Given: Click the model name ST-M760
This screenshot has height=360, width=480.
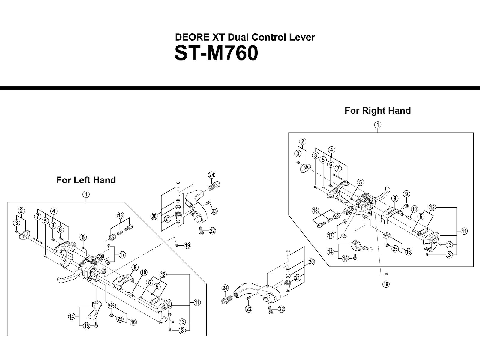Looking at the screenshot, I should click(x=216, y=54).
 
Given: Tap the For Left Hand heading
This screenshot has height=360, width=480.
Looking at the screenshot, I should click(x=86, y=180).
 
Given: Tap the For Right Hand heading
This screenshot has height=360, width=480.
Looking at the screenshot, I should click(x=378, y=111).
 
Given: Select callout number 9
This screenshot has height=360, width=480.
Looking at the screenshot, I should click(x=406, y=194).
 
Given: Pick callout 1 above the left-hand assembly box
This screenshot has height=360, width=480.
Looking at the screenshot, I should click(x=86, y=194).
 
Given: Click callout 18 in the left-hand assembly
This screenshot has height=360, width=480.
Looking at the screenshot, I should click(x=121, y=215).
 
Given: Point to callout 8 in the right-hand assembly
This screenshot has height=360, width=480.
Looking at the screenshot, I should click(x=395, y=198).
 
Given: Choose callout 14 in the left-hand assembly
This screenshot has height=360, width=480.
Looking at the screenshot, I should click(x=72, y=316).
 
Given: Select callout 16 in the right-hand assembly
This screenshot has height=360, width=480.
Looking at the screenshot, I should click(x=408, y=252).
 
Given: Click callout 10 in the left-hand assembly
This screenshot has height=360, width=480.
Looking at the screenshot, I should click(x=144, y=272).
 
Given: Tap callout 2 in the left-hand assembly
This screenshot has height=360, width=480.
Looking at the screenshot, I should click(x=22, y=211).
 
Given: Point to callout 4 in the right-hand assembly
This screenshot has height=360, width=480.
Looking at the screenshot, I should click(x=331, y=150).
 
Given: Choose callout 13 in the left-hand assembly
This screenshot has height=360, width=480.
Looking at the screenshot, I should click(x=182, y=322).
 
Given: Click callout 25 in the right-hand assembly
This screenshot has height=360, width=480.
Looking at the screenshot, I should click(x=395, y=249).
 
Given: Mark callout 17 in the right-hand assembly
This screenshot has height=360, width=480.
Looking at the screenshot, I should click(x=331, y=235).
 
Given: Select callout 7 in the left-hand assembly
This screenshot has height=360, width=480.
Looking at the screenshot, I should click(x=38, y=216).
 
